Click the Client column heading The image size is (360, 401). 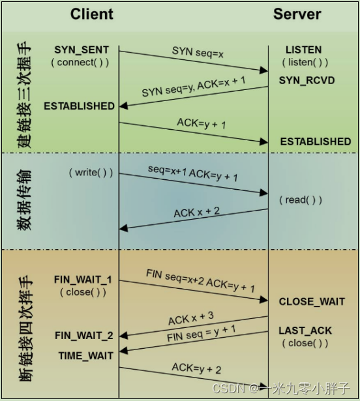(91, 14)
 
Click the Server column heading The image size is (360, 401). (297, 14)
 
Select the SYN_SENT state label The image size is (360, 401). (82, 50)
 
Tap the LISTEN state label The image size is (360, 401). (304, 50)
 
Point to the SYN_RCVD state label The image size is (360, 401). (307, 81)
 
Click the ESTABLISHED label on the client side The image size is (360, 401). (79, 106)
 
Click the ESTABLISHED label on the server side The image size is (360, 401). (316, 141)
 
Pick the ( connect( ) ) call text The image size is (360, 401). (80, 63)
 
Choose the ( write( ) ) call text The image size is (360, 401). (91, 173)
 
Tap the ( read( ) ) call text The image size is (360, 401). (301, 200)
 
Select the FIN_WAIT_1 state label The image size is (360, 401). (83, 280)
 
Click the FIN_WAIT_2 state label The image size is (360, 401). (84, 336)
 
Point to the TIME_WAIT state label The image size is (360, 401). (85, 356)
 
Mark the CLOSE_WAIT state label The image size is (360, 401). (312, 301)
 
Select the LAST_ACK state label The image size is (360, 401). (305, 331)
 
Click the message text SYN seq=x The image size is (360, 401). (198, 52)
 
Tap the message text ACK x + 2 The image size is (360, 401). (196, 213)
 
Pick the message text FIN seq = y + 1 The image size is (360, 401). (201, 333)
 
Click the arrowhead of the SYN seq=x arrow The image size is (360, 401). (263, 70)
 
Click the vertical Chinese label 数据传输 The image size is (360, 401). (24, 200)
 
